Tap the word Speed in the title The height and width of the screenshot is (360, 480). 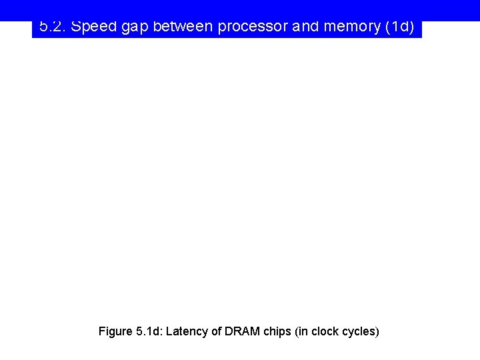click(x=90, y=27)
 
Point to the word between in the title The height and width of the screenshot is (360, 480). click(x=183, y=27)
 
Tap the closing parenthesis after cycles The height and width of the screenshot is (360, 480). click(x=377, y=331)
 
